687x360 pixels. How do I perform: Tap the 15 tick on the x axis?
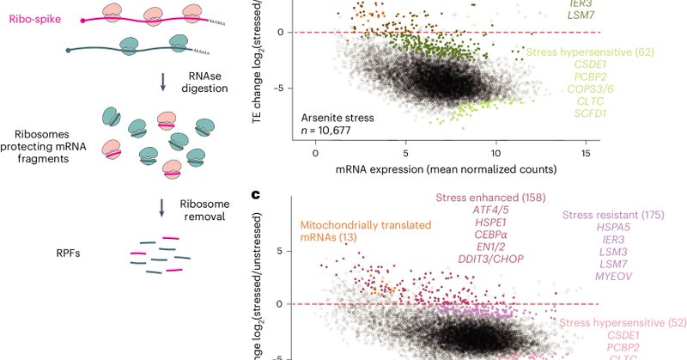tap(586, 152)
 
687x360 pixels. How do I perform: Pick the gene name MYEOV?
tap(614, 276)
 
